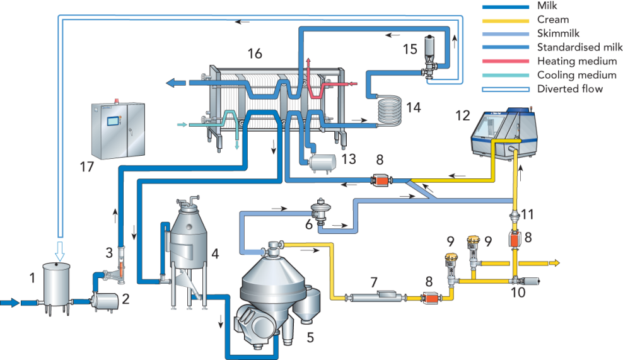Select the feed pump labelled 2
(x=105, y=303)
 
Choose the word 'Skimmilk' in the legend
(x=557, y=33)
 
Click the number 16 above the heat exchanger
(x=255, y=54)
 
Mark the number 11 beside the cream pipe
(x=527, y=214)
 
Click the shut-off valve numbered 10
(x=518, y=281)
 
